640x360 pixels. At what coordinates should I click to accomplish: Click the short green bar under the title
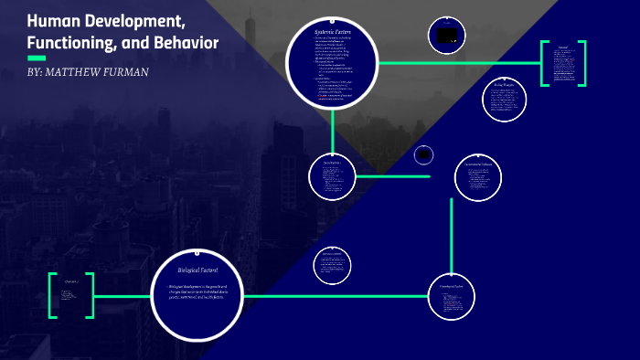(37, 58)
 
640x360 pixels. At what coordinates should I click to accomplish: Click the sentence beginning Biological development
(197, 293)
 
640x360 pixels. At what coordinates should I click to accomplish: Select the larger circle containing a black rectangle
(447, 37)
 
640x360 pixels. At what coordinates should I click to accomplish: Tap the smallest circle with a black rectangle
(423, 155)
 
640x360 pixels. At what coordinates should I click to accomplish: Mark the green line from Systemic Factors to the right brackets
(457, 63)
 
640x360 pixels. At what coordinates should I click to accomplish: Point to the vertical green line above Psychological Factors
(451, 233)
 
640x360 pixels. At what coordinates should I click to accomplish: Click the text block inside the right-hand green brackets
(564, 64)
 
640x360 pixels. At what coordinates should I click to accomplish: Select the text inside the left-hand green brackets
(70, 294)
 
